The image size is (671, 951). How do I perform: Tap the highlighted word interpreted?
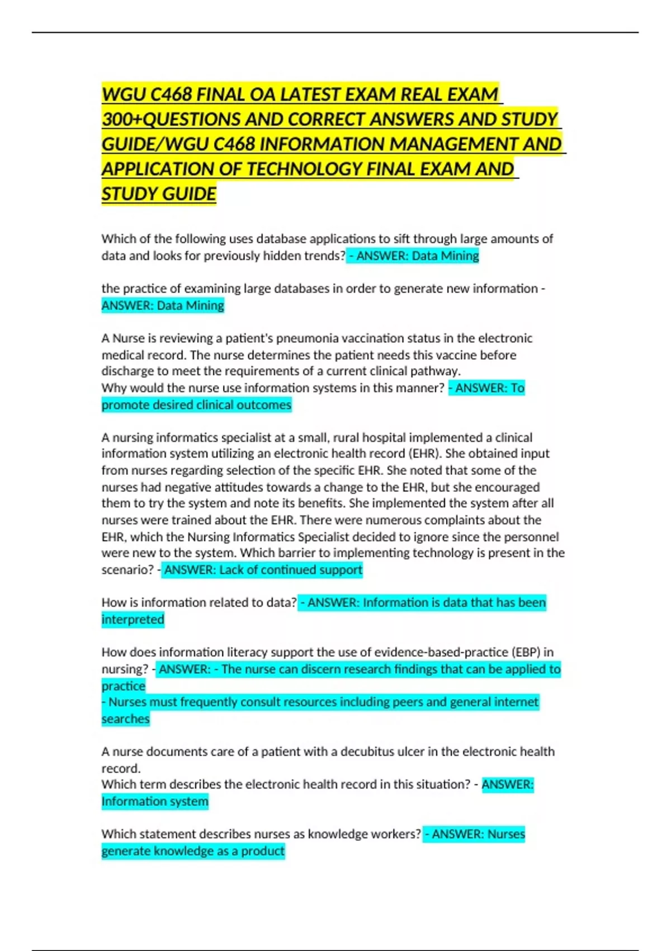(x=133, y=620)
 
